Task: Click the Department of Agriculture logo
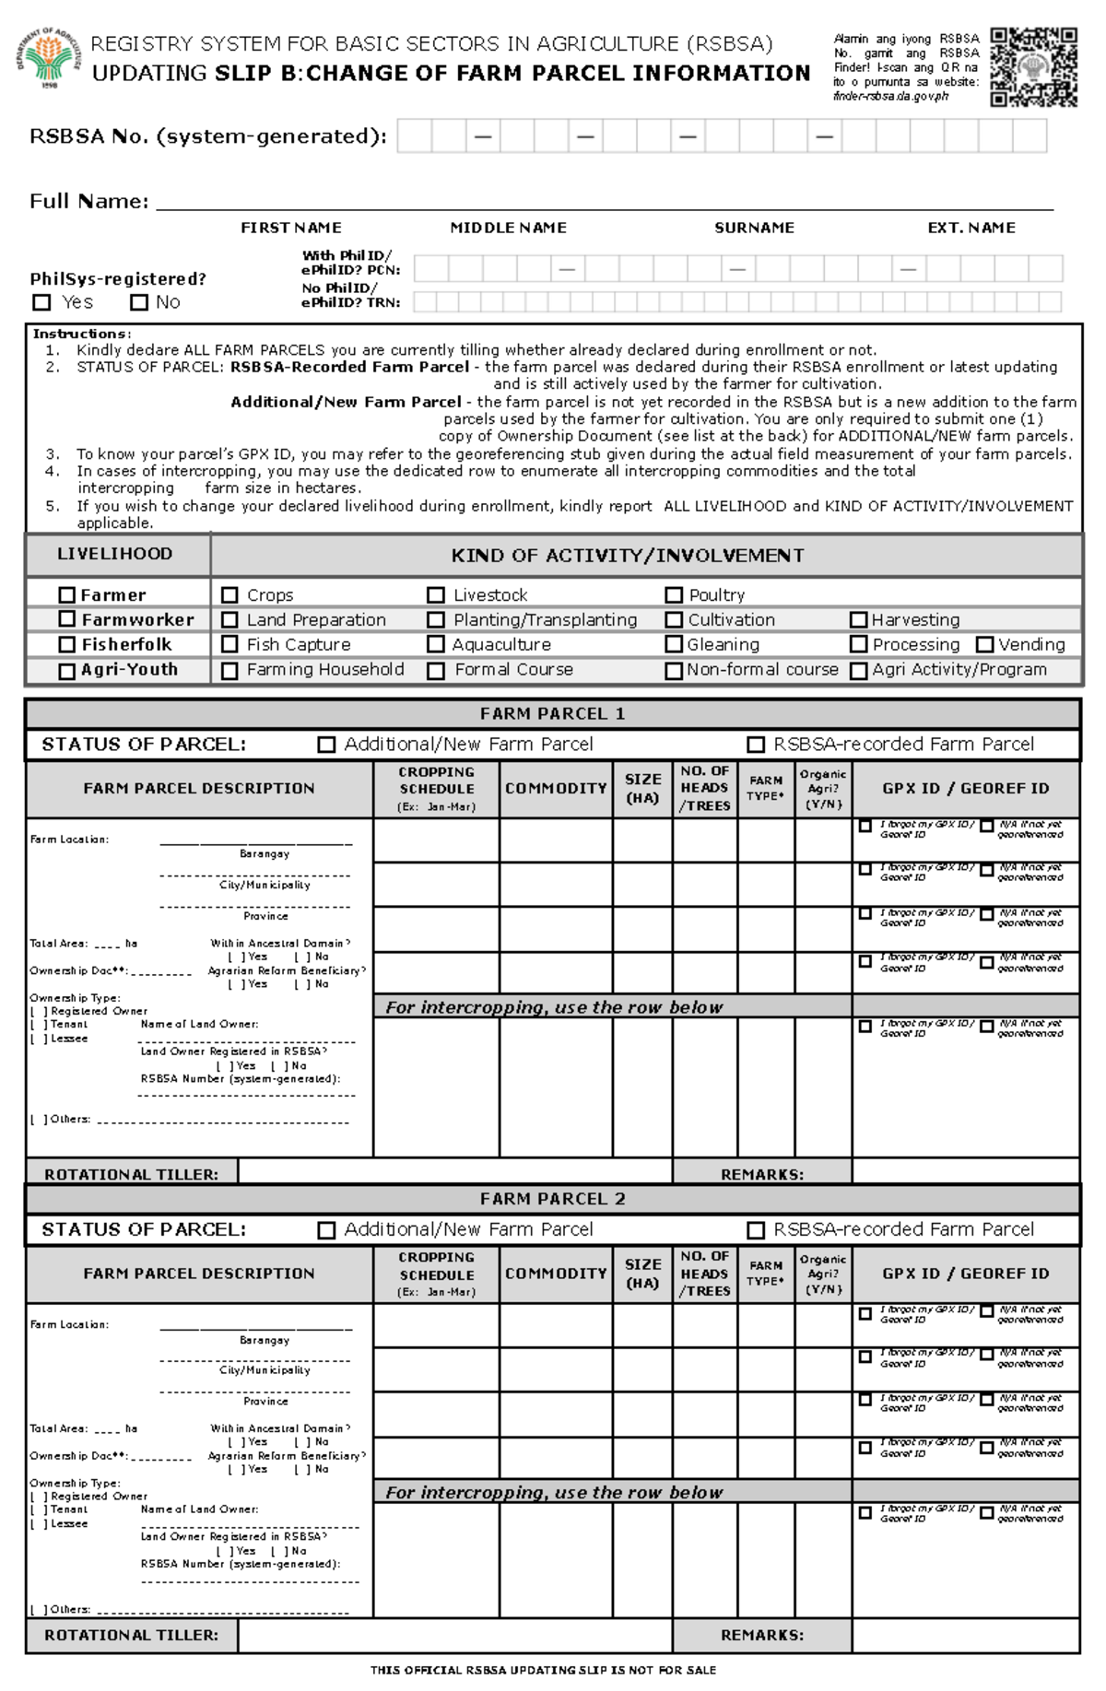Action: (x=49, y=57)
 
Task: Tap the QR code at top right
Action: (x=1033, y=66)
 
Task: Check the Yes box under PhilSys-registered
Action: (x=41, y=302)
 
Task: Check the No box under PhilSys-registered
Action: (x=139, y=302)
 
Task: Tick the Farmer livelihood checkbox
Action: (x=66, y=595)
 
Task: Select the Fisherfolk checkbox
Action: (x=66, y=645)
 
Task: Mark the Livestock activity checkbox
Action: (x=436, y=595)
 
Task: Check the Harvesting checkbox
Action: (x=858, y=620)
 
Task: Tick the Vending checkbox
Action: (x=985, y=645)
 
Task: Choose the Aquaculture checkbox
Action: (x=436, y=645)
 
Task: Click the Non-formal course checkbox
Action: (x=674, y=671)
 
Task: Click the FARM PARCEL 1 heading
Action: (x=552, y=713)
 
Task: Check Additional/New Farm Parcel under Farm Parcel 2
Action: (x=326, y=1230)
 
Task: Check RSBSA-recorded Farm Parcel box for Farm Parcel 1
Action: (x=756, y=745)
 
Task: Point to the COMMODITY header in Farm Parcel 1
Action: (x=556, y=789)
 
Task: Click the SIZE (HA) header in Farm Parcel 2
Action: (x=642, y=1274)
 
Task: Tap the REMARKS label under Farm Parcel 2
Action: (x=762, y=1635)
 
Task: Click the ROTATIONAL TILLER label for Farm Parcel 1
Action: (x=131, y=1174)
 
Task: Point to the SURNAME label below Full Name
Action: (x=754, y=228)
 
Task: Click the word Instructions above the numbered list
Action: (x=81, y=334)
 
